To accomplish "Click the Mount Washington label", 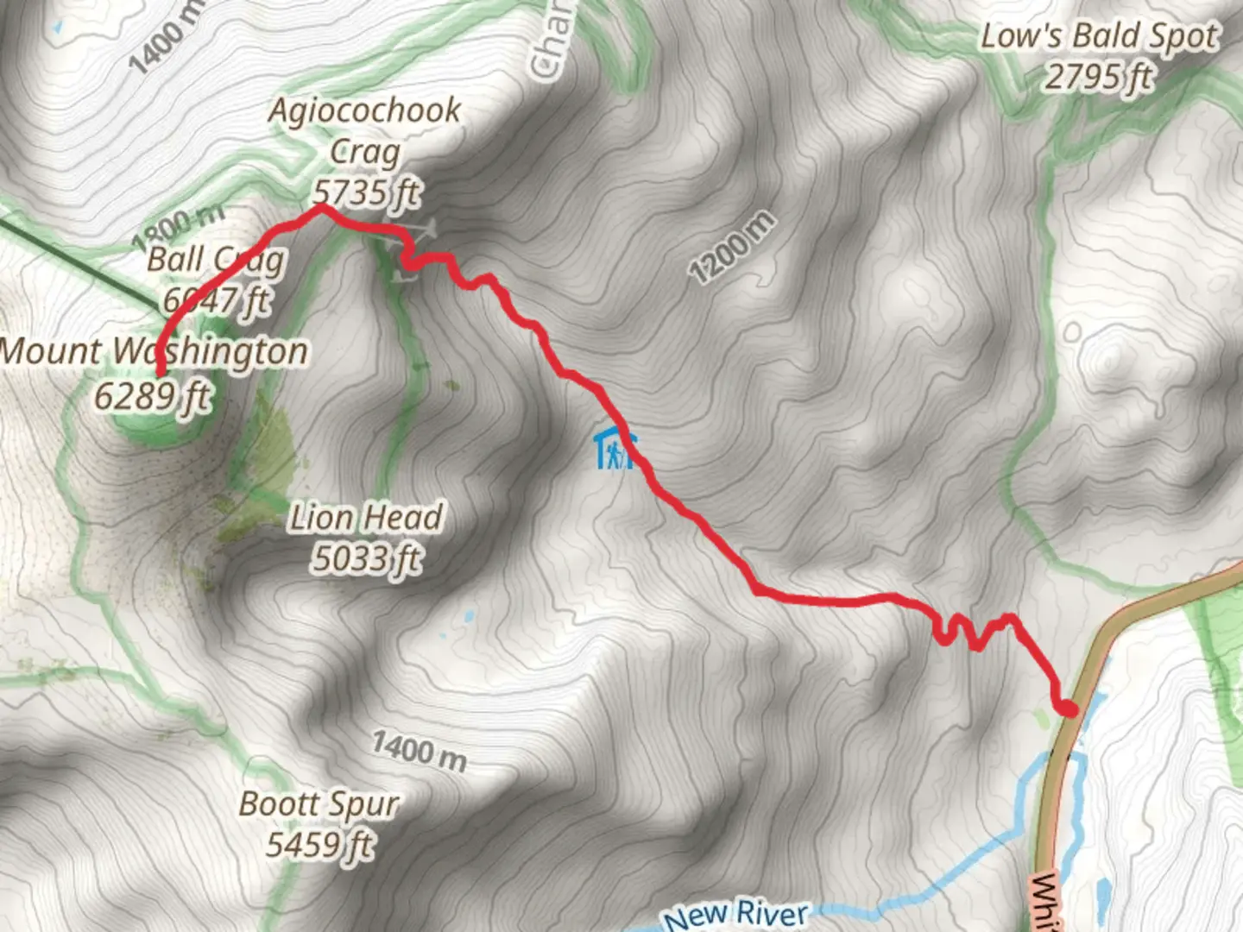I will pos(154,352).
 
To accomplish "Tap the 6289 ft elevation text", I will pos(152,396).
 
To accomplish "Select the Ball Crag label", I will pos(215,259).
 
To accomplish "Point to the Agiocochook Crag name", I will pos(364,129).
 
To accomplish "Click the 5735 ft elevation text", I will pos(366,192).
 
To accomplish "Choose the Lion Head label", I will pos(365,518).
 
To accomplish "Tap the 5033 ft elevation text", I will pos(366,559).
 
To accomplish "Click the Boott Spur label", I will pos(319,804).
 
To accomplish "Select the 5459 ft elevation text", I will pos(319,844).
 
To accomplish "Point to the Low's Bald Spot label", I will pos(1099,36).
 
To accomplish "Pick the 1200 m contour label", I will pos(731,248).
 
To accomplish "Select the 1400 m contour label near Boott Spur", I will pos(420,751).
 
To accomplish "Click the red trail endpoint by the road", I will pos(1069,709).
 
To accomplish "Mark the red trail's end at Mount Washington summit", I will pos(161,373).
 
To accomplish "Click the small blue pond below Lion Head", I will pos(469,617).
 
